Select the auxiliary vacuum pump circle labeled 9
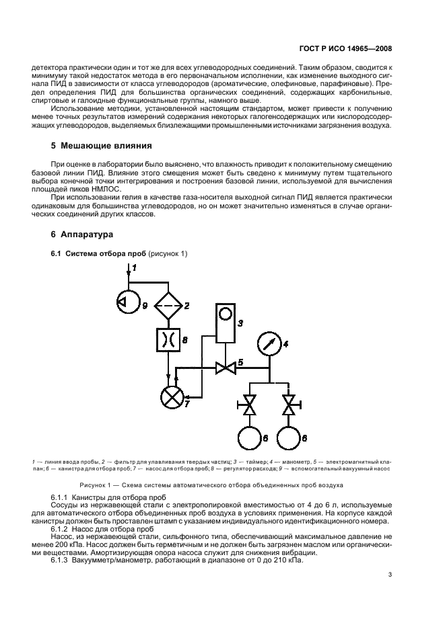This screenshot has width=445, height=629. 127,303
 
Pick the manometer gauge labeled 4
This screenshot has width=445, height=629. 269,344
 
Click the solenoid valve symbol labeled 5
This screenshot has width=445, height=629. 224,368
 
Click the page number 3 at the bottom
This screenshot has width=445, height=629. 390,574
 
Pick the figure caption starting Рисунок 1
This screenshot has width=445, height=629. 211,485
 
